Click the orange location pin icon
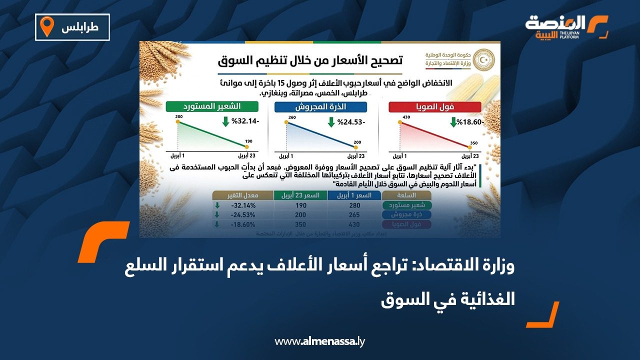47,27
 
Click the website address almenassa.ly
320,341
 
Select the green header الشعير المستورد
212,106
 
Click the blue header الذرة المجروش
320,106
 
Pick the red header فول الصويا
434,106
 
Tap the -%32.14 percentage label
240,122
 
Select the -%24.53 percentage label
352,122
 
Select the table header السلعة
406,195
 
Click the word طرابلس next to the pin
79,27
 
